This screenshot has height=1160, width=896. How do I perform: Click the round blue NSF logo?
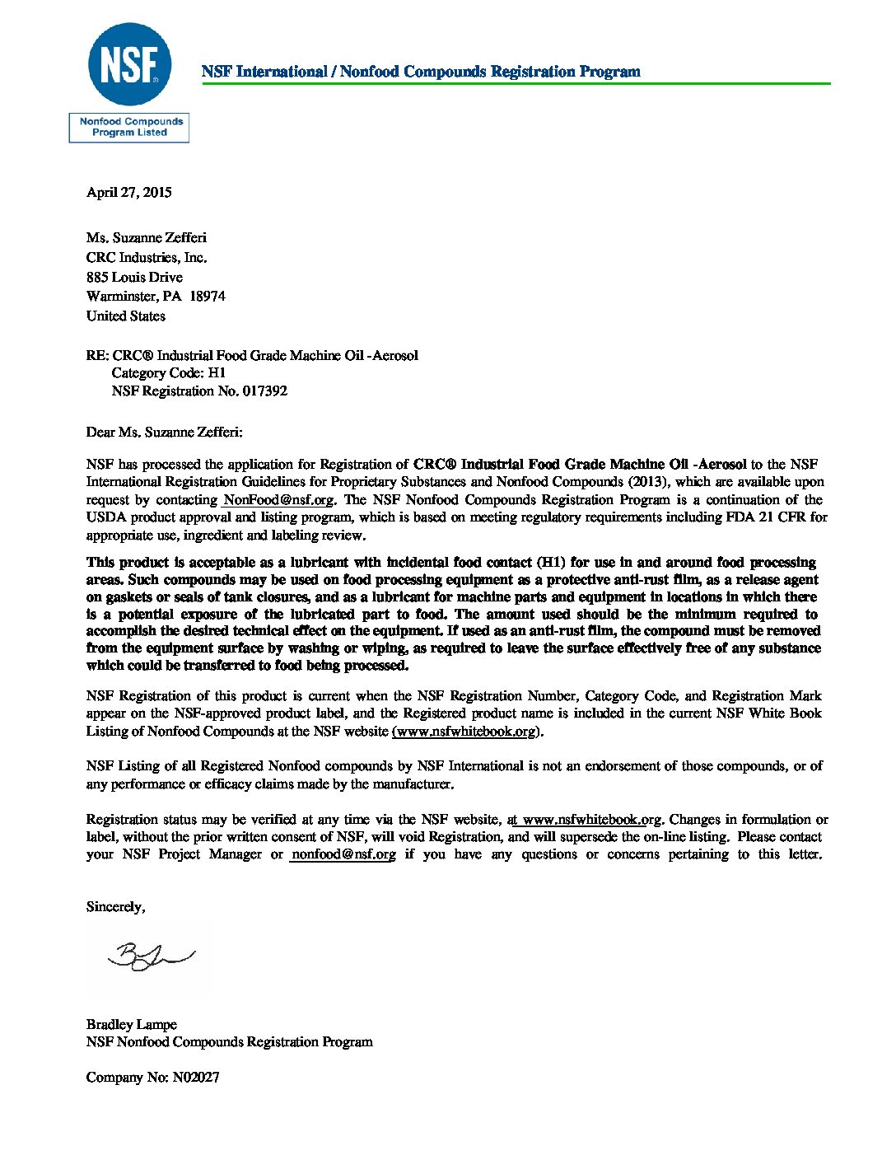(x=129, y=65)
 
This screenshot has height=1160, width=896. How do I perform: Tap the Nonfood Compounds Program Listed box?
(x=129, y=128)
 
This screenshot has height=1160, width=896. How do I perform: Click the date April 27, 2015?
(x=129, y=192)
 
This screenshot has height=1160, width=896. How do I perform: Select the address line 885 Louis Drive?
(x=134, y=277)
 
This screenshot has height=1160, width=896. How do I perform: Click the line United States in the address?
(x=126, y=316)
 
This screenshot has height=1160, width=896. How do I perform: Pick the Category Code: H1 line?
(x=169, y=373)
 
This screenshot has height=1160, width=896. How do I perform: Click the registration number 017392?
(x=264, y=391)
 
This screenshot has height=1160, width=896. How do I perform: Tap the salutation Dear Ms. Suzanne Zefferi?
(x=165, y=432)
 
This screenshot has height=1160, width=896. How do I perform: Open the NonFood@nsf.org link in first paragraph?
(x=278, y=500)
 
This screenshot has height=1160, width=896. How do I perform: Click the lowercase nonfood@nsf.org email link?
(x=343, y=854)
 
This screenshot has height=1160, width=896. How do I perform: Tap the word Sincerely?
(x=115, y=907)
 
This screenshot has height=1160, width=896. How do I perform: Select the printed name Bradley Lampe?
(x=132, y=1025)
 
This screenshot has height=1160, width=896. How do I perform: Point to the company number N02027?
(x=196, y=1078)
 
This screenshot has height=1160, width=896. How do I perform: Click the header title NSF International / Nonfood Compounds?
(x=421, y=72)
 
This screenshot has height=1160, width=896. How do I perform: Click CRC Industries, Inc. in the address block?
(x=147, y=258)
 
